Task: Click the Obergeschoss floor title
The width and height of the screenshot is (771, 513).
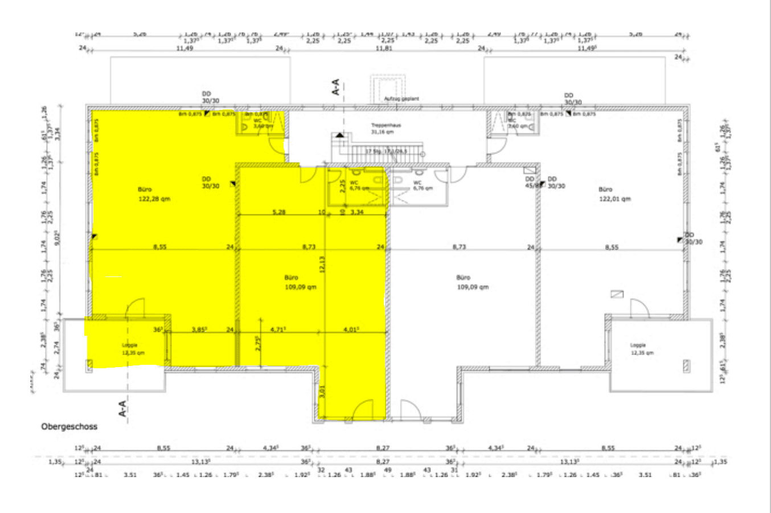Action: (x=69, y=426)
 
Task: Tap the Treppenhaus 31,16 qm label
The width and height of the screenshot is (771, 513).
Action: (x=383, y=128)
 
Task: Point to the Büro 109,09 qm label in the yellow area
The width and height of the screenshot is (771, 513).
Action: (x=300, y=283)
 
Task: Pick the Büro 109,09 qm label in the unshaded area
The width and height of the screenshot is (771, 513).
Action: (x=472, y=283)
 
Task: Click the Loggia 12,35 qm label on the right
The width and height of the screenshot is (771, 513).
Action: (x=641, y=349)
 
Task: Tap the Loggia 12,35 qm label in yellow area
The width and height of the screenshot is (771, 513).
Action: (x=133, y=349)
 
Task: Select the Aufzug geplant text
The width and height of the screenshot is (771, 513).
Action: (x=401, y=99)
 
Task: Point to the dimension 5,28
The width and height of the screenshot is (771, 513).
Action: (x=279, y=212)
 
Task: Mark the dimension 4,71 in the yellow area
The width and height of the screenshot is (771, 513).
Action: (x=278, y=329)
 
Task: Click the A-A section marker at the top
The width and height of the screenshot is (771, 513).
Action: (x=335, y=87)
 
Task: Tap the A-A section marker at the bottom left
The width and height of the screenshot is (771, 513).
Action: (x=123, y=408)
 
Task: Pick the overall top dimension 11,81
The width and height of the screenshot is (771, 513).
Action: (x=384, y=49)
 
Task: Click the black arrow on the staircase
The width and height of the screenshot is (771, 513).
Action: (x=339, y=135)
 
